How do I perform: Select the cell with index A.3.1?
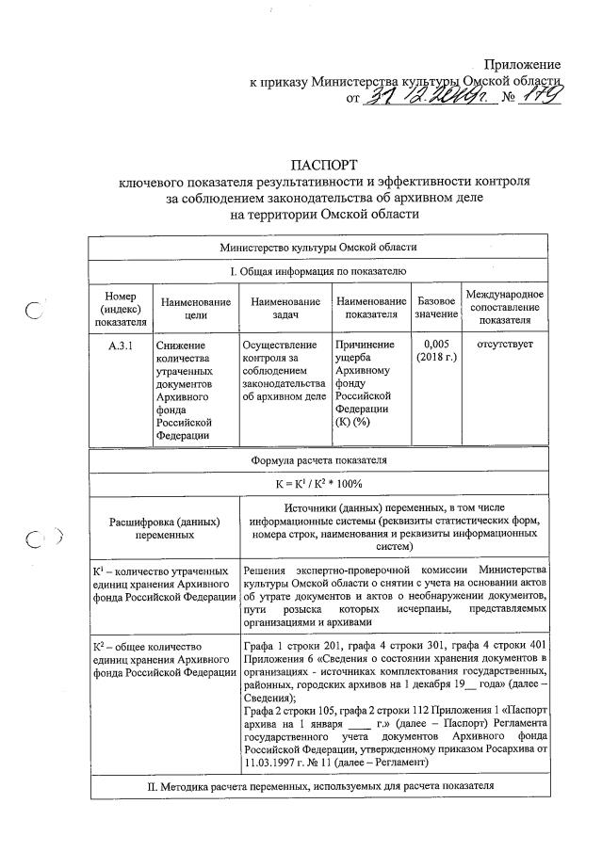pos(120,346)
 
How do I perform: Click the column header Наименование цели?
pos(195,308)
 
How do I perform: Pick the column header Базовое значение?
pos(436,308)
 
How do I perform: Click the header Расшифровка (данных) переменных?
pos(164,527)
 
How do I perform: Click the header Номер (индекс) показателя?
pos(120,308)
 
